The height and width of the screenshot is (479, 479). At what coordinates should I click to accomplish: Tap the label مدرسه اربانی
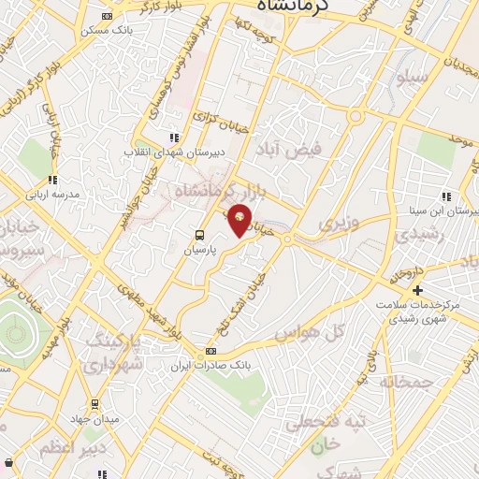click(x=53, y=194)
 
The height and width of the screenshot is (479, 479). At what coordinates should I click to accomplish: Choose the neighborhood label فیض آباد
click(x=294, y=149)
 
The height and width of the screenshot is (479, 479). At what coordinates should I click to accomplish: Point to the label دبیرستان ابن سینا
click(x=444, y=210)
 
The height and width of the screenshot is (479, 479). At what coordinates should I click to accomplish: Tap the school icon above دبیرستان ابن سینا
click(x=447, y=196)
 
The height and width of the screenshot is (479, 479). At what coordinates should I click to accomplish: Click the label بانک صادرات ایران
click(x=208, y=365)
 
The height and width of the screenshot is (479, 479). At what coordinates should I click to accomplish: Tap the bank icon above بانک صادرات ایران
click(x=210, y=352)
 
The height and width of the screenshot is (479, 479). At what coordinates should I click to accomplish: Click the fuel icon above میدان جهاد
click(x=94, y=403)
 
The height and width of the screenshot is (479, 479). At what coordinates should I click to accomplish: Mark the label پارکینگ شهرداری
click(x=114, y=354)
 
